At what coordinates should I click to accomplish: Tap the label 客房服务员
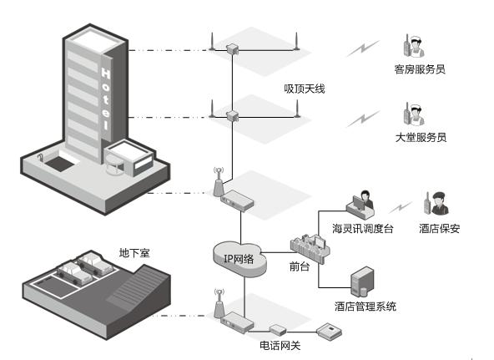pos(419,69)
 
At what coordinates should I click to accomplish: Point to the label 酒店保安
pos(439,228)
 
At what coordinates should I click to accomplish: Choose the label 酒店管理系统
pos(365,307)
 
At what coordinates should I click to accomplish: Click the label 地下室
pos(134,251)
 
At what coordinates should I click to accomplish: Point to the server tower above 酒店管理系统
pos(361,281)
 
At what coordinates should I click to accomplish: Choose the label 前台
pos(300,267)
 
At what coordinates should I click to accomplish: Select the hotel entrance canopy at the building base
pos(129,154)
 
